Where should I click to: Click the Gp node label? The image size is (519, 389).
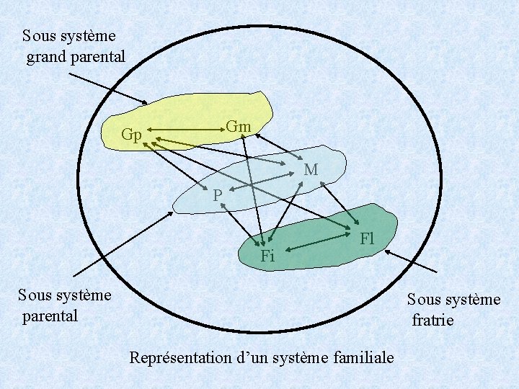131,135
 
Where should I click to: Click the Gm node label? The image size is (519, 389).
239,127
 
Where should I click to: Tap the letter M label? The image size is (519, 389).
311,170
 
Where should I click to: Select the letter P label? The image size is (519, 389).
217,195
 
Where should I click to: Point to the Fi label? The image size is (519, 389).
268,256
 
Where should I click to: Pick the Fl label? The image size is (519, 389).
367,238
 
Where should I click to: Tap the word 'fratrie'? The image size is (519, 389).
432,320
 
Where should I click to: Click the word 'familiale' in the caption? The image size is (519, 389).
363,357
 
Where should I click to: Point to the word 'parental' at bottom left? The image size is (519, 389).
50,316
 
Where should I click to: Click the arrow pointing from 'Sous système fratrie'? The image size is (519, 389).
411,261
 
